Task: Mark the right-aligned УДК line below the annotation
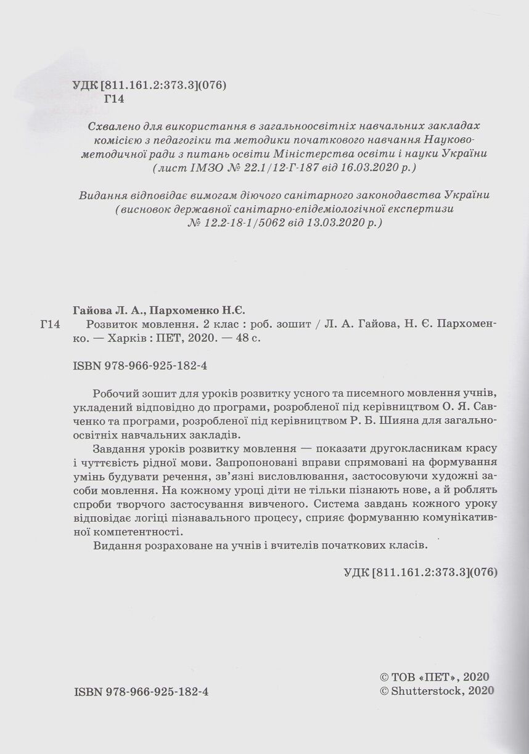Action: pyautogui.click(x=419, y=570)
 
